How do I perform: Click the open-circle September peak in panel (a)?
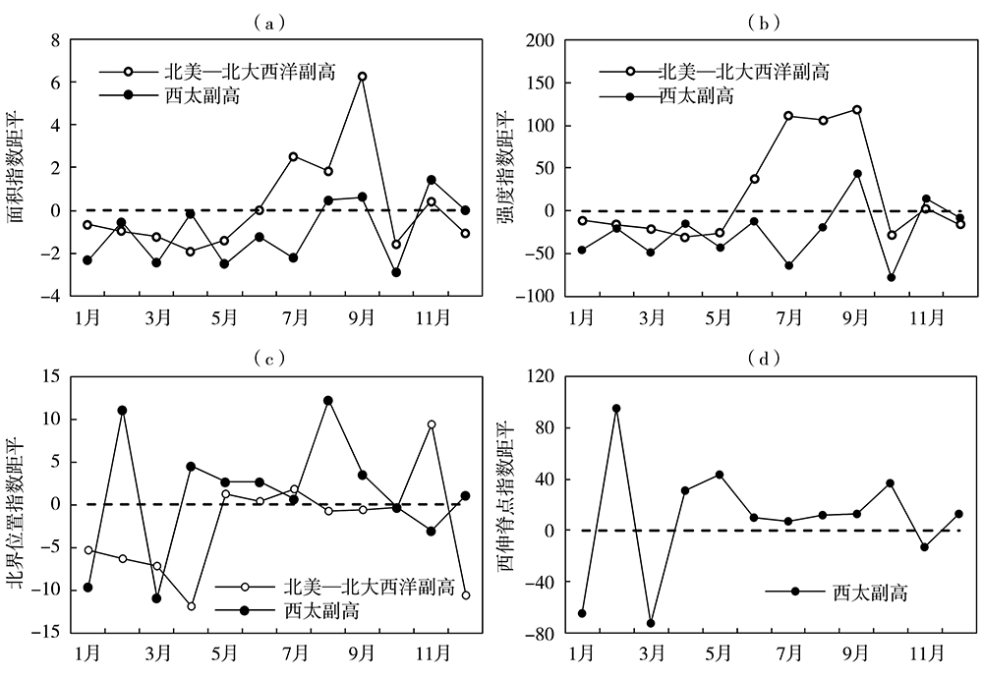click(363, 76)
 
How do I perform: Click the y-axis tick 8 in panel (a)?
click(55, 40)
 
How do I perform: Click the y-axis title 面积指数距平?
click(19, 167)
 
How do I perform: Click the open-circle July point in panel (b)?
click(788, 115)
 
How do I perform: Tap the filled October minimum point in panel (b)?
click(892, 277)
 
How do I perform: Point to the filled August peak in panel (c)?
click(328, 401)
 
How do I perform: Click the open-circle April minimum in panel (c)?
click(191, 606)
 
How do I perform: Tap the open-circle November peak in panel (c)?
click(432, 424)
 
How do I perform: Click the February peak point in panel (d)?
click(616, 409)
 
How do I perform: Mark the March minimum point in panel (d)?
click(651, 623)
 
